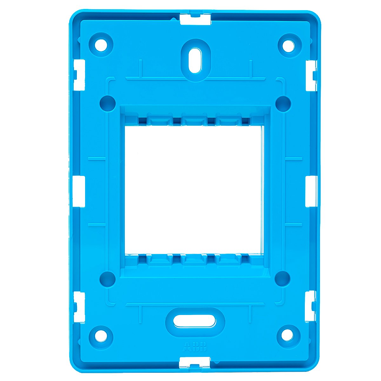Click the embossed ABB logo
(x=195, y=346)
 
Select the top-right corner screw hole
(x=289, y=45)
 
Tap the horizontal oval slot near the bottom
(x=195, y=323)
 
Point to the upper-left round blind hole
(x=107, y=103)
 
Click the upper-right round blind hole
(x=283, y=103)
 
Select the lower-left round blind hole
(x=107, y=279)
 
